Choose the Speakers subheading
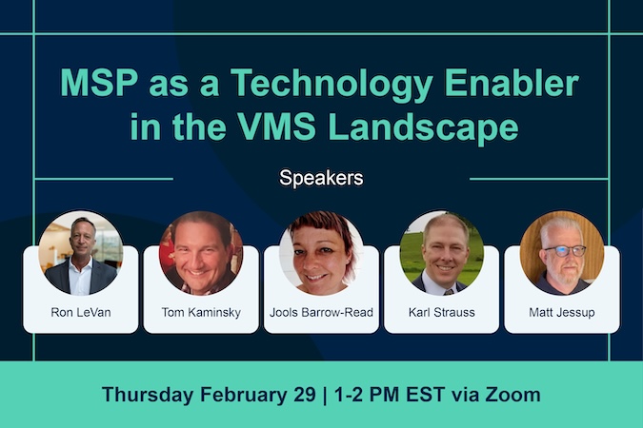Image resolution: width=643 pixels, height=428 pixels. [321, 177]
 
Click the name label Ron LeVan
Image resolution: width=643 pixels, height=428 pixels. [81, 311]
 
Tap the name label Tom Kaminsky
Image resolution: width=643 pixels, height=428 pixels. [201, 311]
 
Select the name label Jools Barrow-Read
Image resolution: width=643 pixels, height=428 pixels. [321, 311]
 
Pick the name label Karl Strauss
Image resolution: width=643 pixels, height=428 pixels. [441, 311]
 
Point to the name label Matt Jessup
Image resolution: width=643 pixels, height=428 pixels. [561, 311]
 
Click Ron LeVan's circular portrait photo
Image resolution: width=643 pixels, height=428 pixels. [81, 253]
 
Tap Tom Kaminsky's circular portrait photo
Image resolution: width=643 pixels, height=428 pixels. [201, 253]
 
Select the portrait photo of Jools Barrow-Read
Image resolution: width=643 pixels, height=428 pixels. [321, 253]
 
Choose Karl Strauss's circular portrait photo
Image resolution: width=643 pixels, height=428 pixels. [441, 253]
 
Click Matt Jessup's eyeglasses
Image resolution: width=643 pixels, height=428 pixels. [563, 250]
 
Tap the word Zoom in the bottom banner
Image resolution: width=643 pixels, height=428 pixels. [513, 394]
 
